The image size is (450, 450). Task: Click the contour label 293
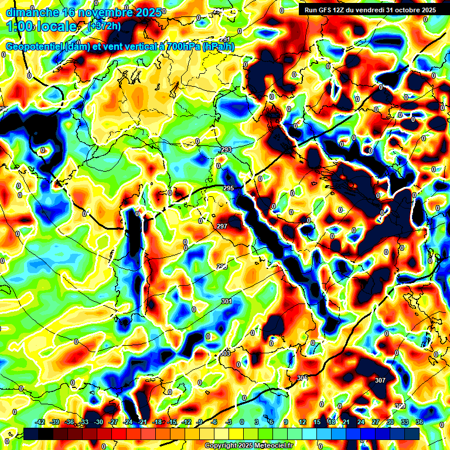pos(226,150)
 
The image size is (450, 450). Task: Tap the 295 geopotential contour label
pos(229,188)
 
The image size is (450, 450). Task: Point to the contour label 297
pos(222,226)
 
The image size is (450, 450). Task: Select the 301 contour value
pos(226,301)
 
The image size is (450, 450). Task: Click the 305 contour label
pos(302,378)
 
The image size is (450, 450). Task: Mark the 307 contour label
pos(380,380)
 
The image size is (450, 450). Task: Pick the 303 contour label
pos(225,354)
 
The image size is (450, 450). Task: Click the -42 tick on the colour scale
pos(40,422)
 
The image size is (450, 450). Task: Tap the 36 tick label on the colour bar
pos(419,422)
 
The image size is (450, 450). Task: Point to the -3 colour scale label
pos(229,422)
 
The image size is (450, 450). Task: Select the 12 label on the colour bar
pos(302,422)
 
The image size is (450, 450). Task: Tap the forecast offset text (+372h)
pos(104,26)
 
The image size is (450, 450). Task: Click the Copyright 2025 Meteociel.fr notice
pos(248,445)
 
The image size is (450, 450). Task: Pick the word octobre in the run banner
pos(404,10)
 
